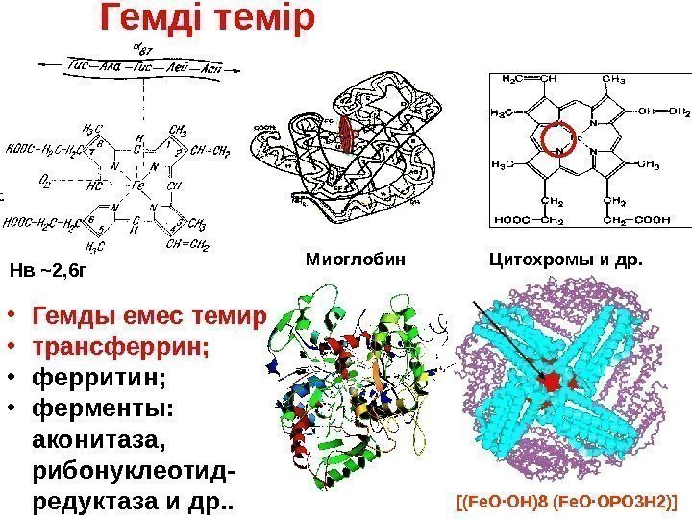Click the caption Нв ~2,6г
47,271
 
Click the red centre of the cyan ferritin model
552,382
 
